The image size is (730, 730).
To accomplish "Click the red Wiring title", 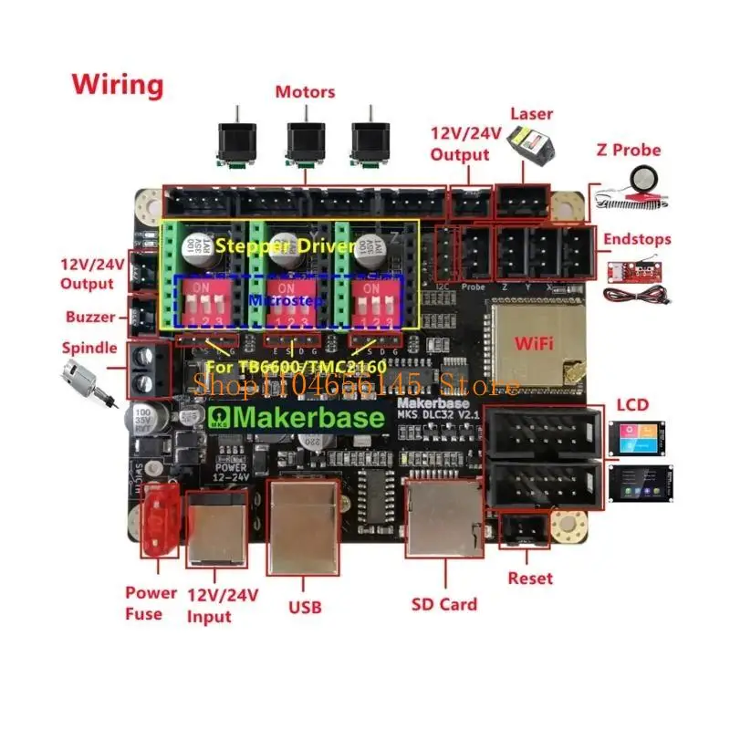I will pyautogui.click(x=119, y=85).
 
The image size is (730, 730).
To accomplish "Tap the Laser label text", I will pyautogui.click(x=531, y=114).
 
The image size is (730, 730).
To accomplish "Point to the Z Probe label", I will pyautogui.click(x=628, y=151).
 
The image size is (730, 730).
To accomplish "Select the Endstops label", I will pyautogui.click(x=637, y=239).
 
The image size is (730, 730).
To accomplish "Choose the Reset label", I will pyautogui.click(x=530, y=578).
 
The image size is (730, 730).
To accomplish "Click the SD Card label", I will pyautogui.click(x=444, y=603).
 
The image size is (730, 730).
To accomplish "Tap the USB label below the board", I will pyautogui.click(x=304, y=606).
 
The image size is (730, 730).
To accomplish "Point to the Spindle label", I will pyautogui.click(x=89, y=348).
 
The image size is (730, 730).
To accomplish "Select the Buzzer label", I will pyautogui.click(x=90, y=318).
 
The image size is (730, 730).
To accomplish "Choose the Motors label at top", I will pyautogui.click(x=305, y=92).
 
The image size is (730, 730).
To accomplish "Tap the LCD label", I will pyautogui.click(x=631, y=403).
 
